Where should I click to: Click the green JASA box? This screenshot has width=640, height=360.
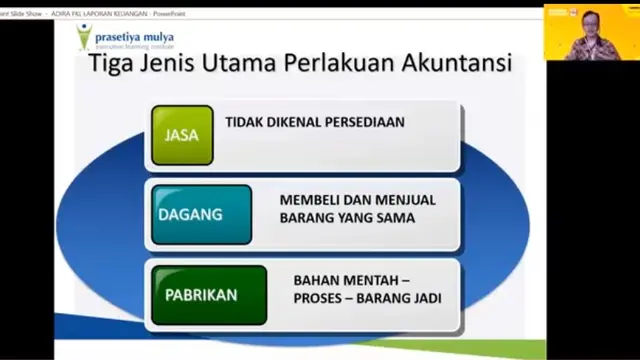182,135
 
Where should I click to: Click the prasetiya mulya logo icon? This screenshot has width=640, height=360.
85,37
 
